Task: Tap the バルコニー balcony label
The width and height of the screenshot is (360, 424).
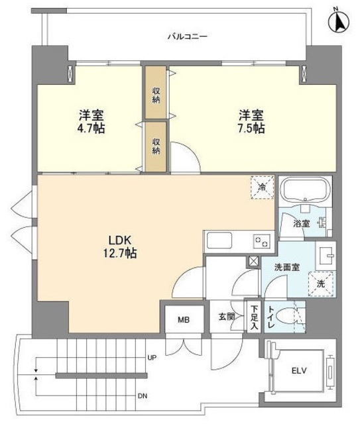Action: click(x=187, y=36)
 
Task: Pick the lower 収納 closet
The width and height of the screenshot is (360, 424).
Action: click(x=156, y=146)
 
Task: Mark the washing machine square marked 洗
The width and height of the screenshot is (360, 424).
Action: click(x=321, y=283)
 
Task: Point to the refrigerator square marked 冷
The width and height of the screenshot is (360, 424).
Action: click(x=262, y=187)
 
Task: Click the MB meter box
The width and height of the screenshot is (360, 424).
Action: click(x=182, y=319)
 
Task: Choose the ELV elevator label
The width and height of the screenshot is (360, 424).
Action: click(x=298, y=370)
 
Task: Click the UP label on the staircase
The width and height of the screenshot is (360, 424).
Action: click(x=151, y=358)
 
